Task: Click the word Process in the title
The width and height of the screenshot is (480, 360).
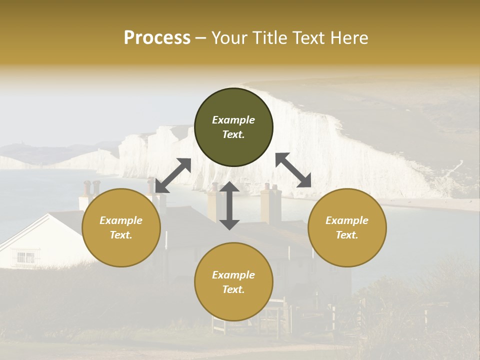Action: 157,38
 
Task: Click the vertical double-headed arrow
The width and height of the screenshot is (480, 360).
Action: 229,205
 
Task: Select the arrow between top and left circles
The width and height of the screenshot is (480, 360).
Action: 173,175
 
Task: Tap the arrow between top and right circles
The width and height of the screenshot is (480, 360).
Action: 293,170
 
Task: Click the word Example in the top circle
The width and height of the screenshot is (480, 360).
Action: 233,120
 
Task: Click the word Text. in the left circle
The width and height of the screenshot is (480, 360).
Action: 121,235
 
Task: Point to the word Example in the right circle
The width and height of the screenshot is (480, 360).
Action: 347,220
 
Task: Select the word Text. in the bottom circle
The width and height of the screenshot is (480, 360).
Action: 233,289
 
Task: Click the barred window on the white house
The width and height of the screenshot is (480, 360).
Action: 26,257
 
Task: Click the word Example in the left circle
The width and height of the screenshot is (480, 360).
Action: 121,220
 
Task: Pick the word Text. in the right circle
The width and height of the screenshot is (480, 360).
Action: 347,235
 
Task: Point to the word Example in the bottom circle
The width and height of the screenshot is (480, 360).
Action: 233,275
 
